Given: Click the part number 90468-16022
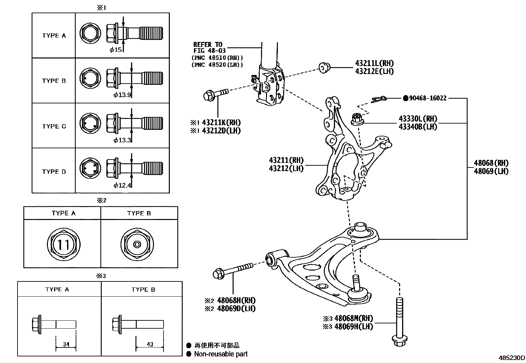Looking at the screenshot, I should (428, 98).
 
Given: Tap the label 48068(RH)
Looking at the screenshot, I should (491, 163).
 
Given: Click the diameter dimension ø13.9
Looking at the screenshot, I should (122, 95).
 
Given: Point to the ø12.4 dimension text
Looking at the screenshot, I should (122, 185).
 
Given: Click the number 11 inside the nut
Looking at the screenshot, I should (63, 245).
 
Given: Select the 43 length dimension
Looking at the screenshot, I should (150, 344).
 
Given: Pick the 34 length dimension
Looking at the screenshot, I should (66, 344).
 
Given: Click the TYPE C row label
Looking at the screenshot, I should (54, 126).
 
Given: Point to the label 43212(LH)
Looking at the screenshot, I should (286, 168).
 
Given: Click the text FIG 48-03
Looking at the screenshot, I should (209, 51).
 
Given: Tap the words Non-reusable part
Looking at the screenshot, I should (220, 354).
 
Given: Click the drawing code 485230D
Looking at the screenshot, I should (511, 358).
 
